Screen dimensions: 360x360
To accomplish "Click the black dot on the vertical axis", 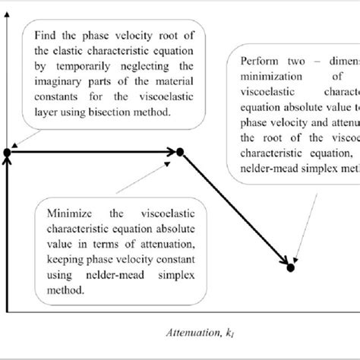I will [7, 153].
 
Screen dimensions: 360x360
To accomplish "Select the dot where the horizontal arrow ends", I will [181, 153].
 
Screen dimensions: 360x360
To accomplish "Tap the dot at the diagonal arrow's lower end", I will [290, 267].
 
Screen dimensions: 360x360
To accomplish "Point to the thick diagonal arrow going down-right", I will [235, 210].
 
